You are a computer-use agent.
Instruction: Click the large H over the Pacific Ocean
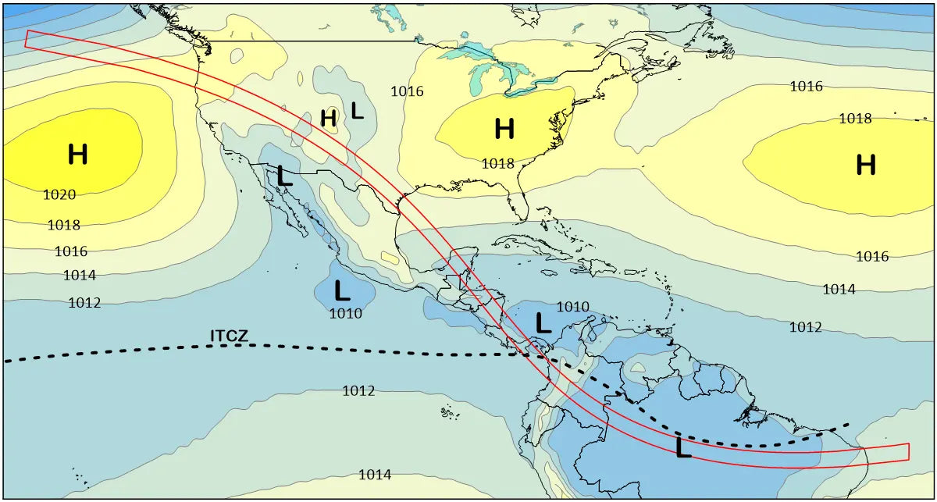coord(77,155)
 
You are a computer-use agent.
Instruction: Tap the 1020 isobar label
coord(59,194)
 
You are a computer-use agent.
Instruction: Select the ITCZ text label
coord(230,336)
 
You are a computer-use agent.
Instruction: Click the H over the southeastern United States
coord(504,129)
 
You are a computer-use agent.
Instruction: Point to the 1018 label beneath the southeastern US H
coord(497,163)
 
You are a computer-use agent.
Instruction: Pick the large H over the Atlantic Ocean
coord(865,165)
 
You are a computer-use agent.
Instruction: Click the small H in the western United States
coord(329,118)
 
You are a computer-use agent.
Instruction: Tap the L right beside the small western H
coord(357,110)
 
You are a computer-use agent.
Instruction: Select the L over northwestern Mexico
coord(284,176)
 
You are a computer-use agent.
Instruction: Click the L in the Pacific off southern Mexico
coord(342,291)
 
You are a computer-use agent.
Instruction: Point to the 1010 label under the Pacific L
coord(345,314)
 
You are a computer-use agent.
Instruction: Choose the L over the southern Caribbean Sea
coord(543,322)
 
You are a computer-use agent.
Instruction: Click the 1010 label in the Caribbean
coord(572,307)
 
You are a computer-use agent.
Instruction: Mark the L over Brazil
coord(683,448)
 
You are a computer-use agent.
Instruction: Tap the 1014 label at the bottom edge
coord(375,475)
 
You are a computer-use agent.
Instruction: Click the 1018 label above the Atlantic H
coord(855,119)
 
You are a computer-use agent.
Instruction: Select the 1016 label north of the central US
coord(407,91)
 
